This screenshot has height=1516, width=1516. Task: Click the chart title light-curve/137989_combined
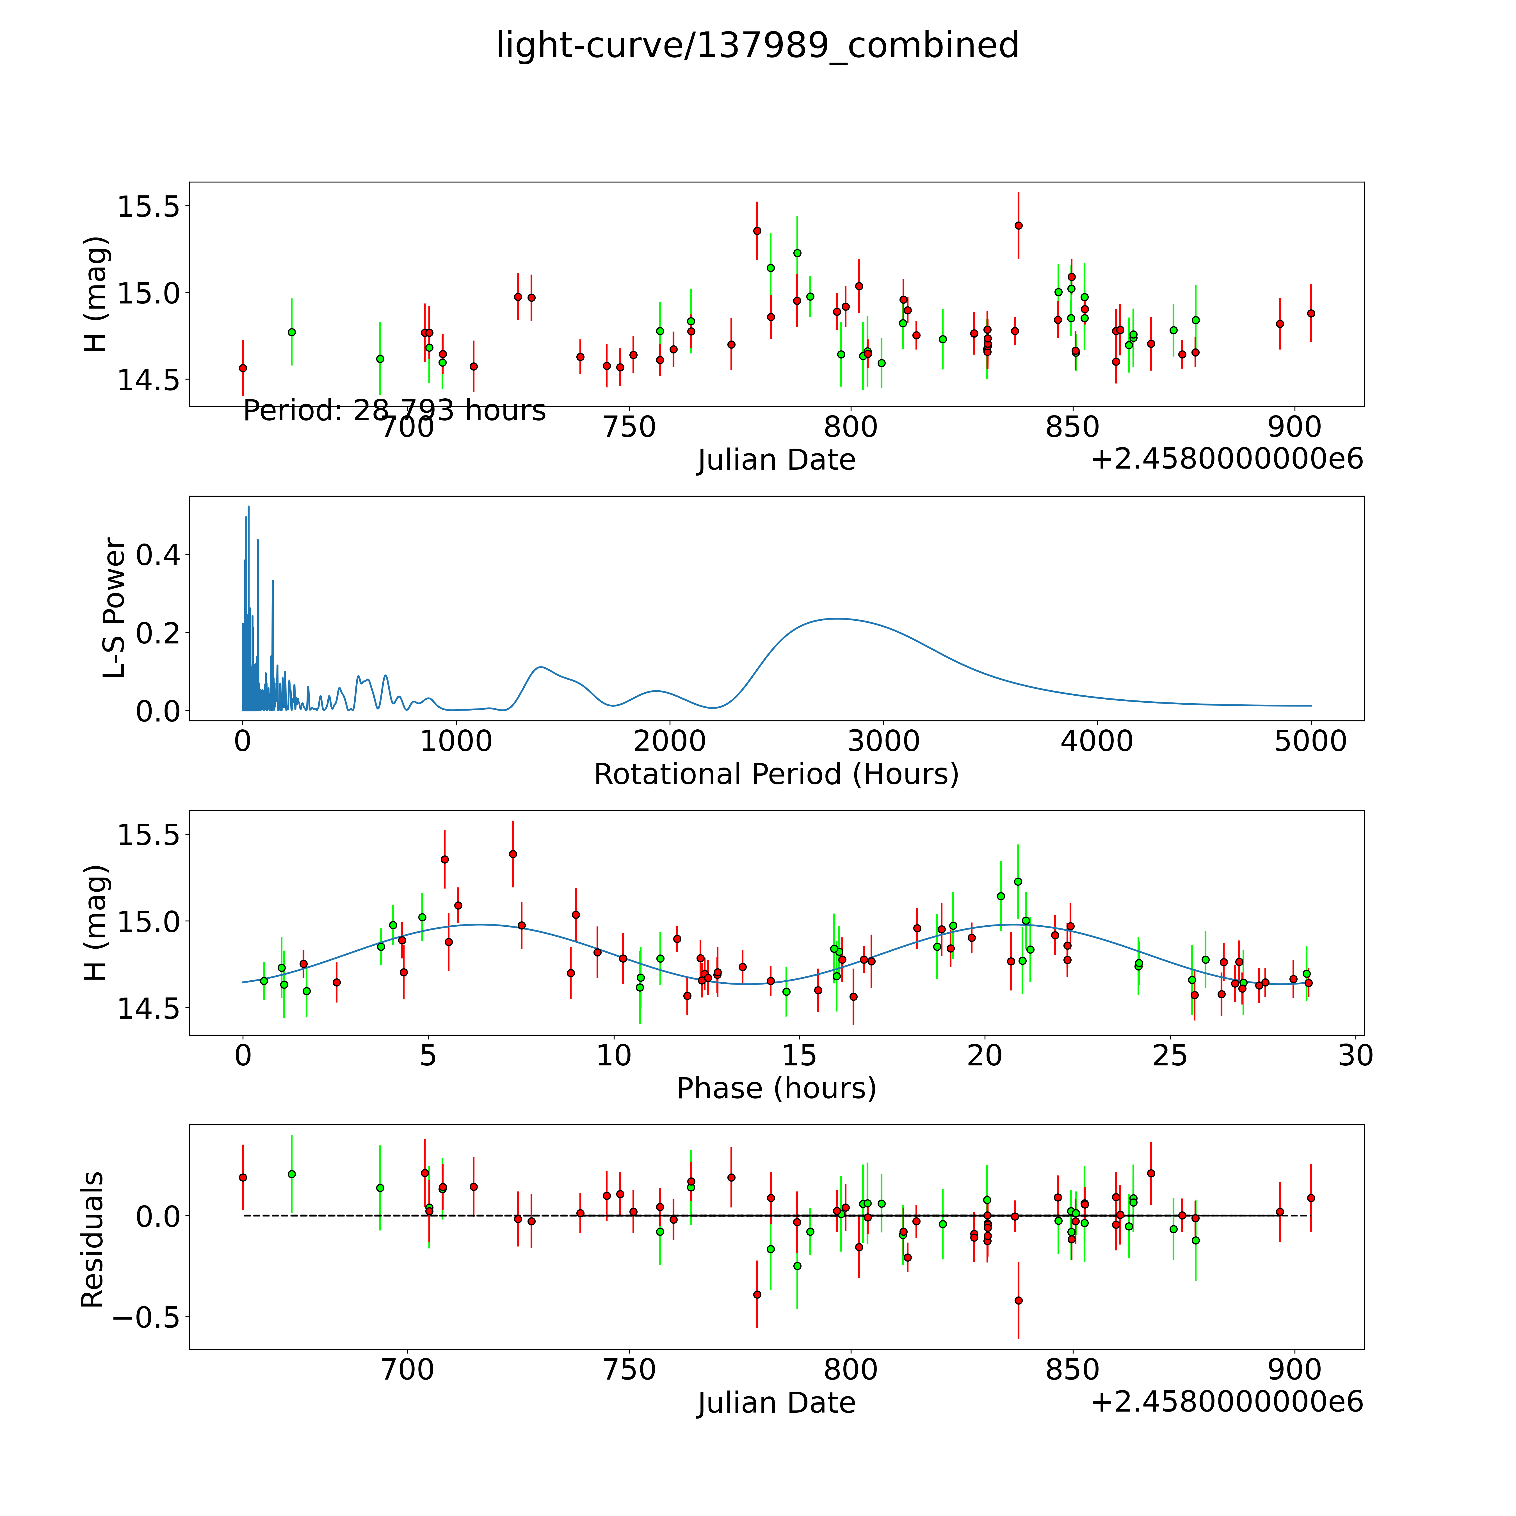[757, 45]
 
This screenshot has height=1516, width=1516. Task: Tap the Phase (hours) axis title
[776, 1088]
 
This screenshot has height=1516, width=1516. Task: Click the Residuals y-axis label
[93, 1240]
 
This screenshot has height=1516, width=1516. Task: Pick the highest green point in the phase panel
[1018, 881]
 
